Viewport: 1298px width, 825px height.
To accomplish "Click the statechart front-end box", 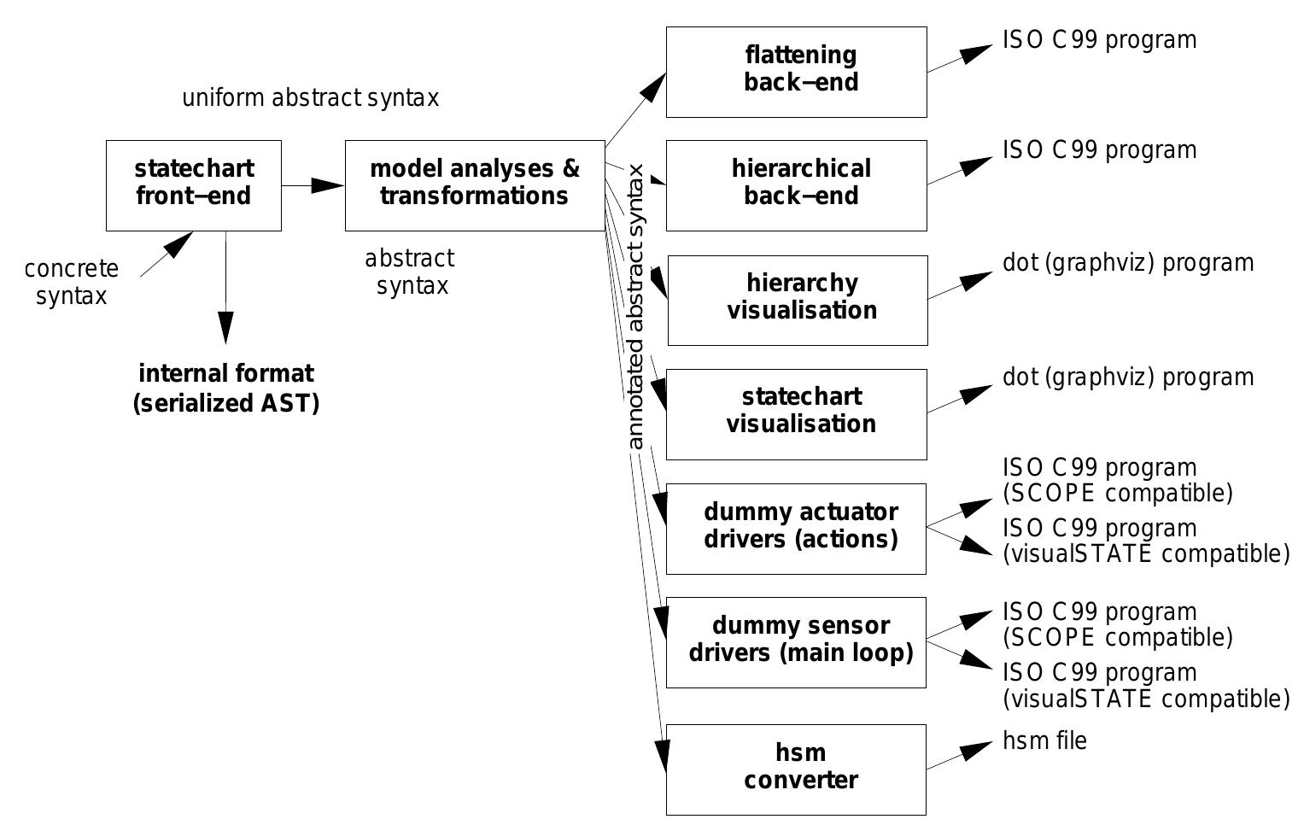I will tap(194, 185).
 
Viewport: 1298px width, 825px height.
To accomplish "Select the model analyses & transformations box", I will tap(475, 185).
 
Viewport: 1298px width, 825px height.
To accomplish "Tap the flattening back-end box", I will tap(796, 72).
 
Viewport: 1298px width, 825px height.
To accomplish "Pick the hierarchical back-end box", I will tap(796, 185).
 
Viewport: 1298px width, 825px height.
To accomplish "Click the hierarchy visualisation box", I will tap(798, 300).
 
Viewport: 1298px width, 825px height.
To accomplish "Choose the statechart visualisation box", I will tap(796, 414).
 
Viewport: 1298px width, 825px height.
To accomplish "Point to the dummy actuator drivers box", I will tap(796, 529).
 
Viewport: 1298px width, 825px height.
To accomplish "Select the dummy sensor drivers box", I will tap(796, 642).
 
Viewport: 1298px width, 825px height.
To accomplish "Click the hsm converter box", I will tap(796, 769).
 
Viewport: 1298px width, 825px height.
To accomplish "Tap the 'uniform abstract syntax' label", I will tap(310, 98).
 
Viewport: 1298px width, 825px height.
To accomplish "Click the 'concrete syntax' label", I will tap(72, 282).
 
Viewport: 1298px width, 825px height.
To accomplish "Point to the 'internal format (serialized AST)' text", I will tap(226, 388).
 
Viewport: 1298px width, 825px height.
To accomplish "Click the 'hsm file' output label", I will tap(1044, 740).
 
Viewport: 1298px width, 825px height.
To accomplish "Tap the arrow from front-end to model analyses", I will tap(313, 185).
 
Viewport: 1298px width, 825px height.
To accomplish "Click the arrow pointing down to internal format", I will tap(225, 290).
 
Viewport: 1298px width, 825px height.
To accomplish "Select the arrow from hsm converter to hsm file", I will tap(961, 758).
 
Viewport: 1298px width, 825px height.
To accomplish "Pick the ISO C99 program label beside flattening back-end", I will tap(1099, 40).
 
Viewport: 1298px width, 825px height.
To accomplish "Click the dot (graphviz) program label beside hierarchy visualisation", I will tap(1127, 263).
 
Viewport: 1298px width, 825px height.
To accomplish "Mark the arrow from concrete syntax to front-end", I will tap(167, 254).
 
